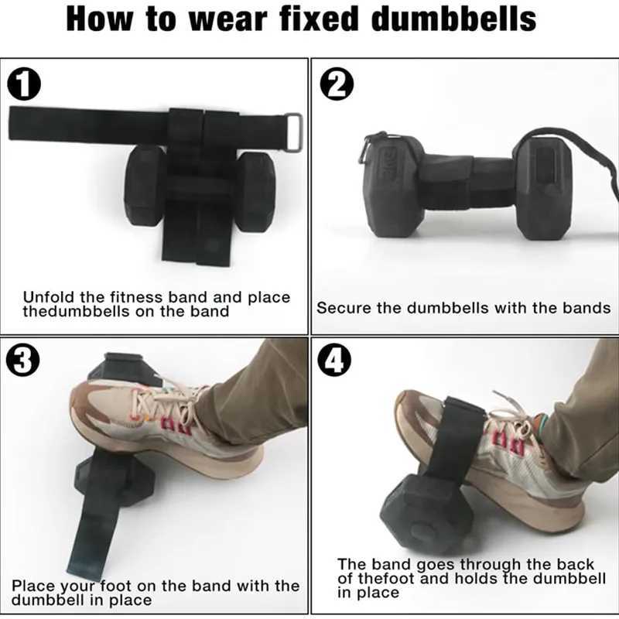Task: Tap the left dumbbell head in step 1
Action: pyautogui.click(x=145, y=186)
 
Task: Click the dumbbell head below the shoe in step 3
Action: pyautogui.click(x=104, y=480)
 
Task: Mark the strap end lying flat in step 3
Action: pyautogui.click(x=108, y=545)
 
